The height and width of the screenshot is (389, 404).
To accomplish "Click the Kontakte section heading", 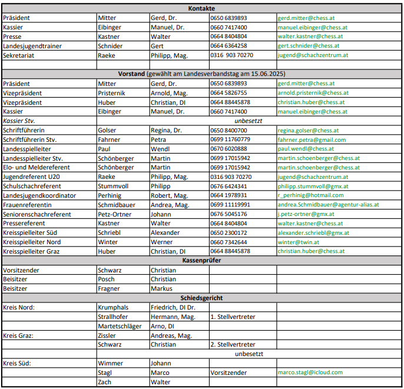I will pos(201,8).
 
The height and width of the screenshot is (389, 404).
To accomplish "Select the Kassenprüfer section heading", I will pos(201,260).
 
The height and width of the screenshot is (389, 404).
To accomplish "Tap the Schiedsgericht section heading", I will pos(201,298).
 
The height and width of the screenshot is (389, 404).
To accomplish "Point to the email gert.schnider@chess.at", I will pos(308,46).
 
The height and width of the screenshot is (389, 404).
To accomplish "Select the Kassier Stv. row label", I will pos(19,121).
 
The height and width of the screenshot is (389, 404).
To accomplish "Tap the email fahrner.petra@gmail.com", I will pos(312,139).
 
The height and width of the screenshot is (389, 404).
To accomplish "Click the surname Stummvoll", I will pos(114,186).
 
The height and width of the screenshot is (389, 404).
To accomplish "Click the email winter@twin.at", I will pos(299,242).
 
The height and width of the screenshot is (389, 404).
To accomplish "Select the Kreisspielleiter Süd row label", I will pos(31,232).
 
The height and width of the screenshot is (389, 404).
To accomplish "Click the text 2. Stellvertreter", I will pos(233,344).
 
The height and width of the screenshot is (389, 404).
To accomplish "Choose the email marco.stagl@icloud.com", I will pos(310,373).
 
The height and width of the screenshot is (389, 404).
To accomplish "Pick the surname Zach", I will pos(105,382).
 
